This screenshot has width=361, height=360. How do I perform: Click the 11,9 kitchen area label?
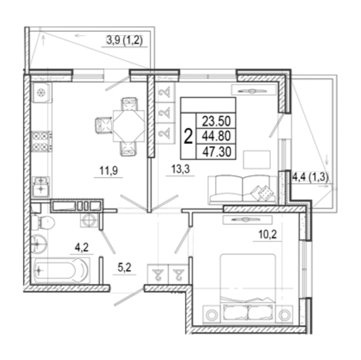coord(109,171)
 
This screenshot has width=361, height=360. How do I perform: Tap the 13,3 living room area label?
coord(180,169)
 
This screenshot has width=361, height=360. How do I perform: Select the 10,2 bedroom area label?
coord(267,235)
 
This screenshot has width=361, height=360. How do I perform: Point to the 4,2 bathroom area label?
coord(82,247)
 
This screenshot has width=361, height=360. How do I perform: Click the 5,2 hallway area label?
coord(124,268)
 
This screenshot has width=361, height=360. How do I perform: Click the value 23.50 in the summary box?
coord(216,121)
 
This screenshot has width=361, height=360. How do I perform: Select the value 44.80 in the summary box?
coord(216,136)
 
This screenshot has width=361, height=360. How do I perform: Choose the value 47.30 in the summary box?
coord(216,152)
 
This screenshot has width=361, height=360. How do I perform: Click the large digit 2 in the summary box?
coord(188,136)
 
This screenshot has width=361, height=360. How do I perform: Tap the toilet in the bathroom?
coord(43,223)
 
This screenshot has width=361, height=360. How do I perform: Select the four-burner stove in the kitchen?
coord(42,141)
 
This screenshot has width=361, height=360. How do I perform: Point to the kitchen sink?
coord(41,187)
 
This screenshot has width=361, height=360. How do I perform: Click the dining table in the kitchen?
coord(129,125)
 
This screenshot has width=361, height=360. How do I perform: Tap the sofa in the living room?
coord(243,190)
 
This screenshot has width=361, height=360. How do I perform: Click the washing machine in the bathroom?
coord(89,220)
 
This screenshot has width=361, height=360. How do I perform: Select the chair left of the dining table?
coord(103,125)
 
